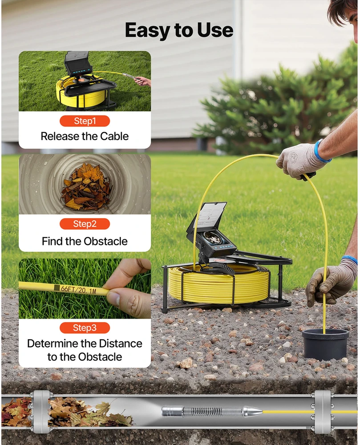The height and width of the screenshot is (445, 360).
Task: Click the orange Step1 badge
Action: pyautogui.click(x=85, y=121)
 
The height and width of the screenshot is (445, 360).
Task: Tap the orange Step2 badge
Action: pyautogui.click(x=85, y=224)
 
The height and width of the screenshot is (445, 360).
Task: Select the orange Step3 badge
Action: pyautogui.click(x=85, y=328)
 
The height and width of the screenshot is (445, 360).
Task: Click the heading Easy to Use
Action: pyautogui.click(x=179, y=30)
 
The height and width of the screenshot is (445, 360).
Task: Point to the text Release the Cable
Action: pyautogui.click(x=85, y=136)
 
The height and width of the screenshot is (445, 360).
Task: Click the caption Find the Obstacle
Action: pyautogui.click(x=85, y=241)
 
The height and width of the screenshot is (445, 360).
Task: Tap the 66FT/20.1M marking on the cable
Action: pyautogui.click(x=79, y=290)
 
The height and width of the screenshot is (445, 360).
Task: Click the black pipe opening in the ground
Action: pyautogui.click(x=325, y=344)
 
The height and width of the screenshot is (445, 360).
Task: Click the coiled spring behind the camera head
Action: pyautogui.click(x=213, y=412)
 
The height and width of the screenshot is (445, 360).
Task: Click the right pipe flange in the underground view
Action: pyautogui.click(x=322, y=412)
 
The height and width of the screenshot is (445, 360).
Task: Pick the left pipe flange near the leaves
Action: pyautogui.click(x=41, y=412)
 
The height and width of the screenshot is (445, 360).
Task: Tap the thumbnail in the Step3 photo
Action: pyautogui.click(x=114, y=298)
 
